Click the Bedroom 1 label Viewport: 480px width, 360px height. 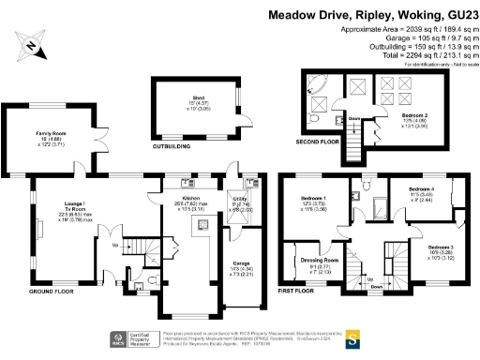pos(312,200)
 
